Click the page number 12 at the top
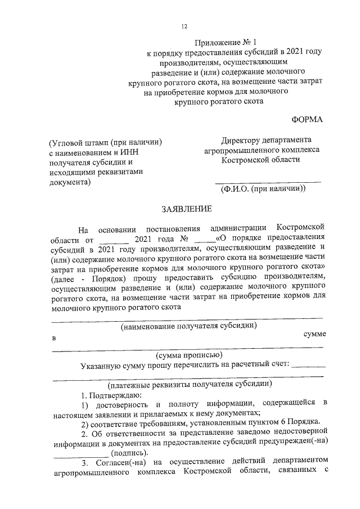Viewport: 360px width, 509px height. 184,26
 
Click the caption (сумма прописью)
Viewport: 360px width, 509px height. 189,355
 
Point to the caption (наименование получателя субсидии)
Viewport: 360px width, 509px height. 190,326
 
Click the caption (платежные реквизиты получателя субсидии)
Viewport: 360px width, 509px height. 191,384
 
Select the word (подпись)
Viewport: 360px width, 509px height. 130,453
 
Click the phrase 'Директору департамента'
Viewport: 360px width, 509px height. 267,140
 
